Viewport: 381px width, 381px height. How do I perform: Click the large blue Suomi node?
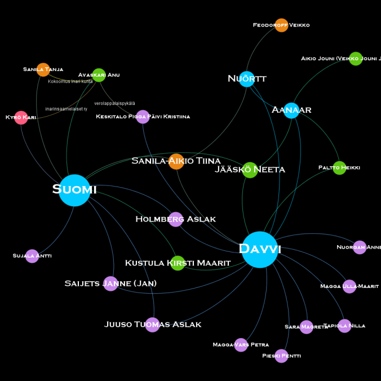tap(74, 191)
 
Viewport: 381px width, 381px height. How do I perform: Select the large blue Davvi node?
tap(260, 249)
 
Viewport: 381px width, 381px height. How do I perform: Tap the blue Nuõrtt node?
tap(247, 79)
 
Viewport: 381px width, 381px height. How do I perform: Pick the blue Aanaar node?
tap(291, 110)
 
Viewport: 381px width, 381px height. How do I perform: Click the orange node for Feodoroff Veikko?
tap(281, 25)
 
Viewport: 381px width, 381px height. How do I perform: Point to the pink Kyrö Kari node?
tap(21, 118)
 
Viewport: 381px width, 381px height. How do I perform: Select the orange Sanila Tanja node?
tap(43, 70)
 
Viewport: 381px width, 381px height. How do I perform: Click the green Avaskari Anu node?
tap(99, 75)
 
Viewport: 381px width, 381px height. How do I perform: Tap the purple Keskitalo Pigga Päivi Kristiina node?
tap(143, 117)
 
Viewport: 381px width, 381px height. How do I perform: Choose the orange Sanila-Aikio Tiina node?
tap(176, 161)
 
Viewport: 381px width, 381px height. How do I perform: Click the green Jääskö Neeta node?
tap(250, 170)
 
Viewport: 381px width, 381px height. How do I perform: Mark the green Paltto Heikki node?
tap(339, 168)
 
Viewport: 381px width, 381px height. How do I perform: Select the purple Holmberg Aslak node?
tap(176, 219)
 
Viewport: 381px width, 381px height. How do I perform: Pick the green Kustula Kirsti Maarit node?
tap(178, 263)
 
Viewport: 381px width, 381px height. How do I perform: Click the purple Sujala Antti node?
tap(32, 256)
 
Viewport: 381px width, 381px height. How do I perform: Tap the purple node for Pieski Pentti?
tap(281, 356)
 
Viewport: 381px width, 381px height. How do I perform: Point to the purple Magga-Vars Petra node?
tap(241, 345)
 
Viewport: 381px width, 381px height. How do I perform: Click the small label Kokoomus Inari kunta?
tap(70, 82)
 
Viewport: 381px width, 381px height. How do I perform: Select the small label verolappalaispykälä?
tap(114, 104)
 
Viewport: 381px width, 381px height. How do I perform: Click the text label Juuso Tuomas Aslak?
tap(153, 325)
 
